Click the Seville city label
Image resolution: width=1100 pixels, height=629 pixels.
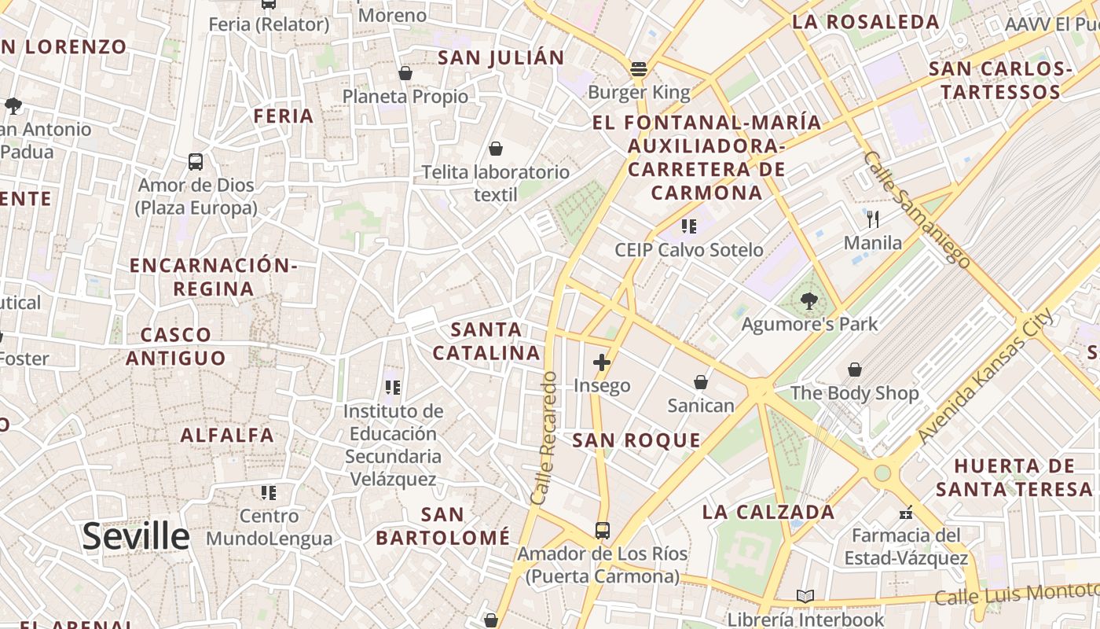(136, 536)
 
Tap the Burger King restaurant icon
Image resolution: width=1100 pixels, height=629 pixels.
(638, 68)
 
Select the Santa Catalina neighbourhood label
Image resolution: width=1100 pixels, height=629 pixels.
(486, 341)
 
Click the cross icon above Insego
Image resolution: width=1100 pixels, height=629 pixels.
(602, 362)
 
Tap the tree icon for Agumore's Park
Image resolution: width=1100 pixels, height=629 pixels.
(808, 300)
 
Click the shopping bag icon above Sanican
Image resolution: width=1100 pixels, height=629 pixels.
(700, 383)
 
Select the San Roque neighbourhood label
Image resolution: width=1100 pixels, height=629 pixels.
(636, 440)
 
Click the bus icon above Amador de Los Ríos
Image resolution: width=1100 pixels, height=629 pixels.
(602, 531)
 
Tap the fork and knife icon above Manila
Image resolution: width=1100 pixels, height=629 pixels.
(872, 219)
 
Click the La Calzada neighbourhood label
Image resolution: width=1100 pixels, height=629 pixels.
(768, 512)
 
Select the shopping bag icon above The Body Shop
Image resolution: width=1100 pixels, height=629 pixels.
(854, 370)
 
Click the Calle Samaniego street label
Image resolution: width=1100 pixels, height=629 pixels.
(916, 208)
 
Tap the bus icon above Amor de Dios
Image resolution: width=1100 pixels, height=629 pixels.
(196, 162)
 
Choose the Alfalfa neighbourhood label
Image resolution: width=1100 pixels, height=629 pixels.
(227, 435)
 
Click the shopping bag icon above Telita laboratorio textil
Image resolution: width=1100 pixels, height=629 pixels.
(496, 149)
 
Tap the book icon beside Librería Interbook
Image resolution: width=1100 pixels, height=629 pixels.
(805, 597)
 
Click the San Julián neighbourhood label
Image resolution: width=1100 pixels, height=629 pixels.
(500, 57)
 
